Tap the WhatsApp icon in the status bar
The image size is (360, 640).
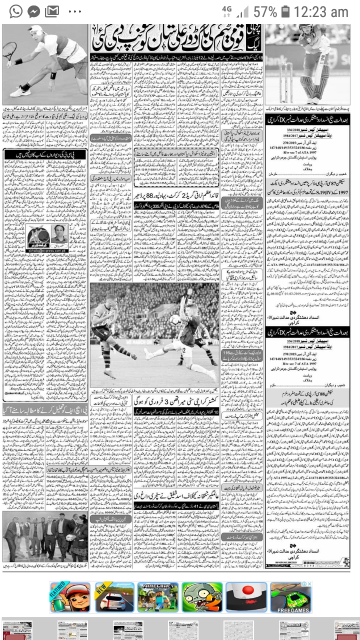coord(16,11)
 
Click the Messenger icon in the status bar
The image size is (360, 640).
coord(33,11)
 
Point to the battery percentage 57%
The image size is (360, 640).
coord(264,12)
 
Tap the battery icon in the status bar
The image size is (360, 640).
coord(285,11)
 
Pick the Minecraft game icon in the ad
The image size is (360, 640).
coord(157,597)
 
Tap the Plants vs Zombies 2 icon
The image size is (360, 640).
coord(201,597)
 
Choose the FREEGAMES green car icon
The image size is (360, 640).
coord(290,597)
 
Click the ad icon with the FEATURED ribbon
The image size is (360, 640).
coord(70,597)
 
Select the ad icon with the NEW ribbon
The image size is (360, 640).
coord(114,597)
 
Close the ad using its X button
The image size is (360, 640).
coord(309,584)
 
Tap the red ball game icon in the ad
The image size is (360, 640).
coord(246,597)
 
